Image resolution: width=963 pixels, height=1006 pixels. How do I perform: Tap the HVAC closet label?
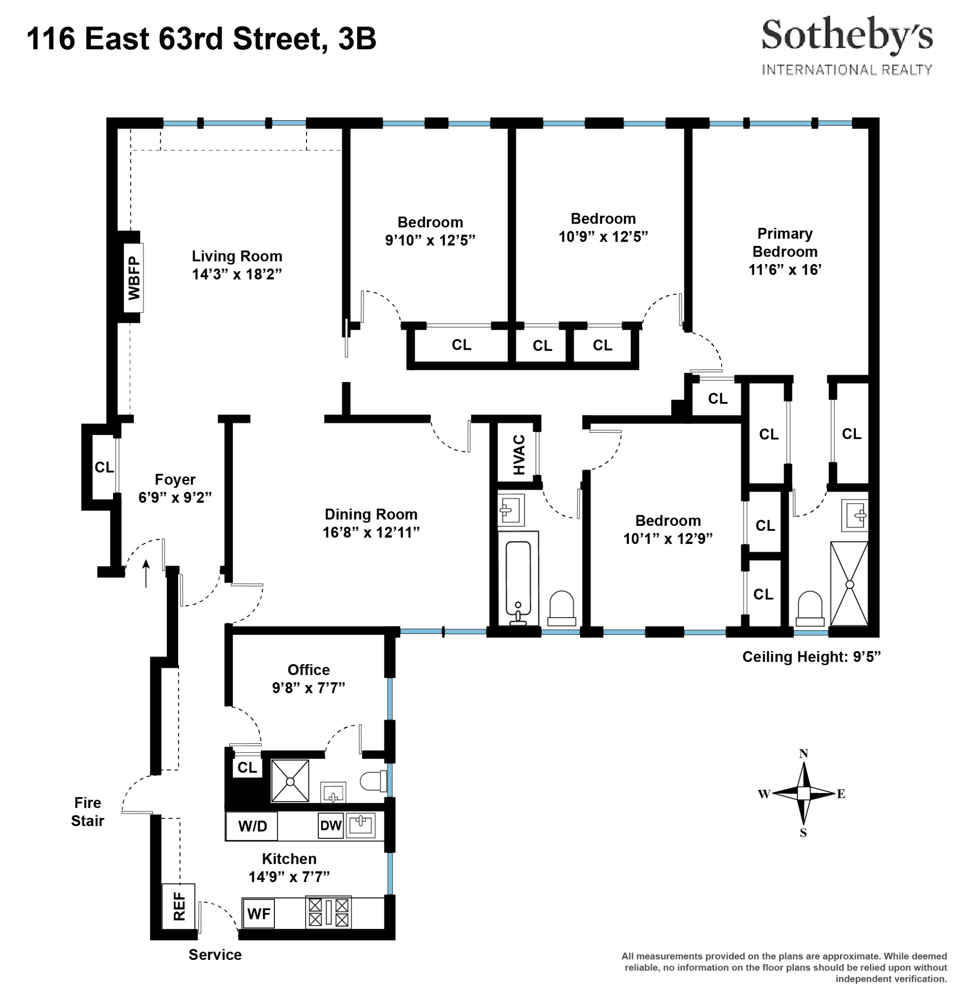click(519, 455)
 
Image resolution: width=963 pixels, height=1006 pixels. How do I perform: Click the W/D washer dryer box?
click(252, 826)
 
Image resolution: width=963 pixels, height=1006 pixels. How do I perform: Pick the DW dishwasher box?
click(331, 825)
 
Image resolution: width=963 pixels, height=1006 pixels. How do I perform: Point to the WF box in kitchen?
click(258, 914)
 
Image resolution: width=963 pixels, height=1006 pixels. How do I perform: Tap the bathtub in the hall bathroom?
click(518, 579)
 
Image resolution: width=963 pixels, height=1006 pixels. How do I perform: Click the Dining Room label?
click(371, 514)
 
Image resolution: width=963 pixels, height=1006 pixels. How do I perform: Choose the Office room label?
click(308, 670)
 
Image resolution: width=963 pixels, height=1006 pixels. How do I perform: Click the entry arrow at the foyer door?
click(146, 573)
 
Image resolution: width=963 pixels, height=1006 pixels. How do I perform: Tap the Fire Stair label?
click(87, 811)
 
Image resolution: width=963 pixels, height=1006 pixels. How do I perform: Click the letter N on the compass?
click(803, 754)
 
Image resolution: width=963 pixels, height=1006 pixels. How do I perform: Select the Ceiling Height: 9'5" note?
click(811, 657)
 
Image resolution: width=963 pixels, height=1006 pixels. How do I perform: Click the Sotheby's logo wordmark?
click(847, 36)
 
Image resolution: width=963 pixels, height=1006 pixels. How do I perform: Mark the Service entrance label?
click(215, 955)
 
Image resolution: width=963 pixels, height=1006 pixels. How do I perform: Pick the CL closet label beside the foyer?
click(104, 467)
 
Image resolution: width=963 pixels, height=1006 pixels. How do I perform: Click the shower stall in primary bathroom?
click(849, 584)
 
